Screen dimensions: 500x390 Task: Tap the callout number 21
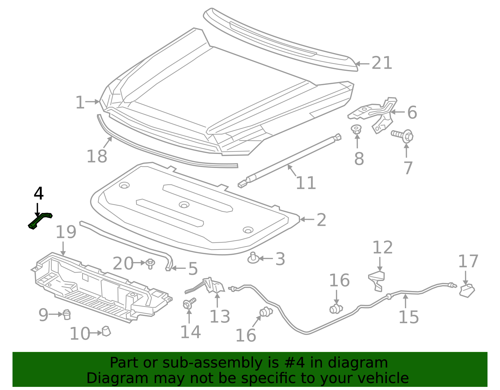coord(382,63)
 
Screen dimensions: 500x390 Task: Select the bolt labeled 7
coord(403,136)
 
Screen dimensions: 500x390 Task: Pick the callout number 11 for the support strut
coord(306,183)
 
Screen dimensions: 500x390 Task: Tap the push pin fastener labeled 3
coord(253,258)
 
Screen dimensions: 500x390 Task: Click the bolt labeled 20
coord(150,264)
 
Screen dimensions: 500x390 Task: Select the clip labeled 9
coord(67,314)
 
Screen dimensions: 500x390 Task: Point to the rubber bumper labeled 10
coord(106,331)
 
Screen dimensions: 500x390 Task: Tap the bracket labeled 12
coord(377,281)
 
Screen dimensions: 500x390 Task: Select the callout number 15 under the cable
coord(408,317)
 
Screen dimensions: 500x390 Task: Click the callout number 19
coord(66,232)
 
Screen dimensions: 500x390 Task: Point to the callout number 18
coord(97,156)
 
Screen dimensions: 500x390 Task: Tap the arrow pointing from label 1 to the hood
coord(92,101)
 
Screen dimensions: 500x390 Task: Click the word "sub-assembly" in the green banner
coord(212,363)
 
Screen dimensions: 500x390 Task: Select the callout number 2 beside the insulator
coord(322,220)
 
